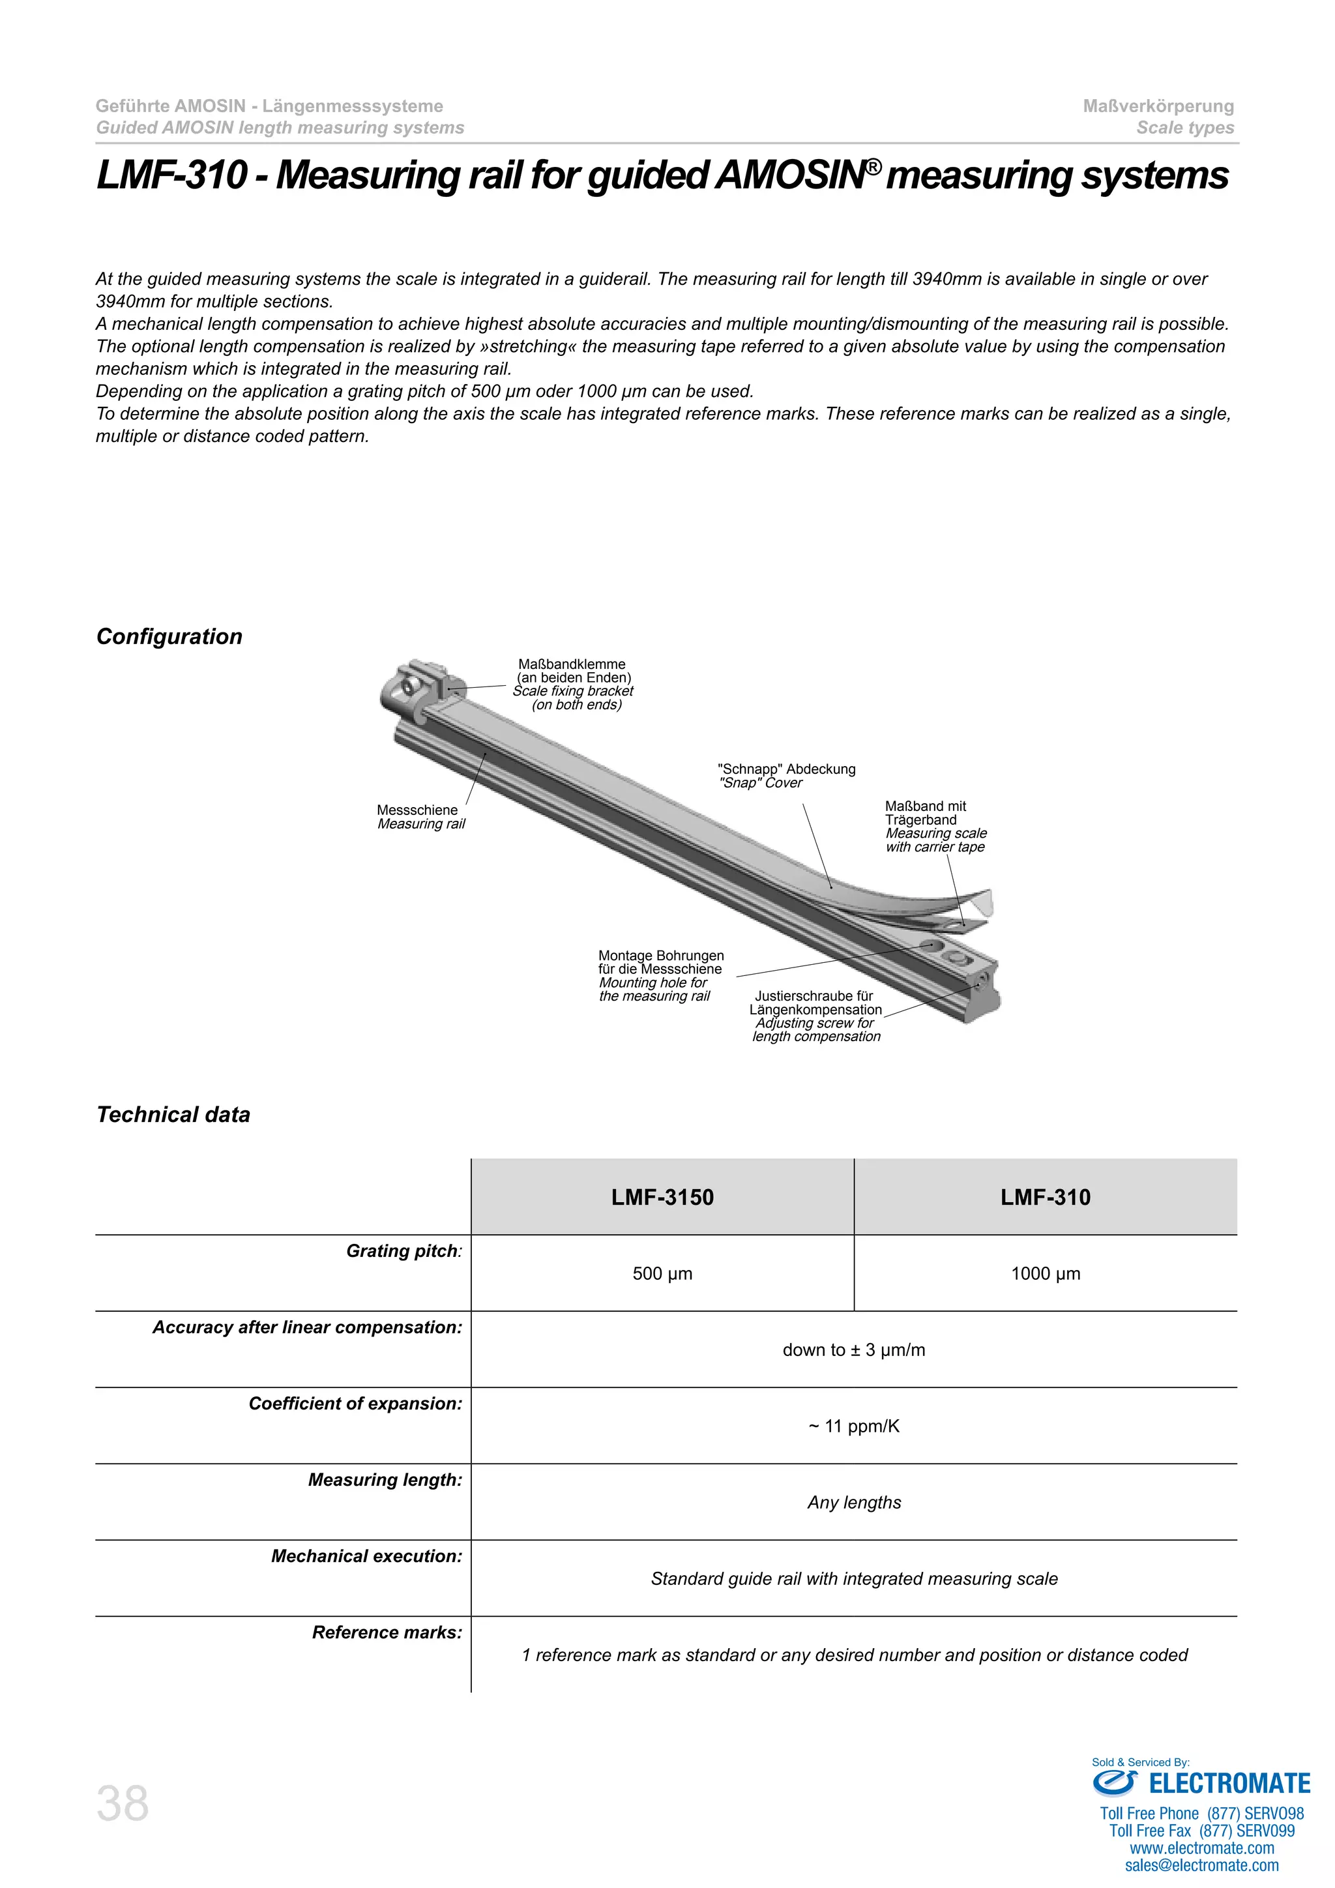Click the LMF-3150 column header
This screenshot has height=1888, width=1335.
[662, 1197]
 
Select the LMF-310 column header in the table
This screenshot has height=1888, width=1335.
[1045, 1197]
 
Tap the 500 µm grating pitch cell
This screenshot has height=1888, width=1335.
[662, 1274]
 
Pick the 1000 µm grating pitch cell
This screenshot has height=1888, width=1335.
[1045, 1274]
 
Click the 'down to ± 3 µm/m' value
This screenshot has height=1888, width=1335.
[853, 1350]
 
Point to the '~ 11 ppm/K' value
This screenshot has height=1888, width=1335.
[853, 1426]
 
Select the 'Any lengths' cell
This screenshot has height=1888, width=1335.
[853, 1503]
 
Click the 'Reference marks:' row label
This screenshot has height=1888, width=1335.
[387, 1633]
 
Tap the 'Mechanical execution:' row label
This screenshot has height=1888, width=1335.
[366, 1557]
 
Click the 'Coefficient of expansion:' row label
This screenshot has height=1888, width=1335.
[355, 1404]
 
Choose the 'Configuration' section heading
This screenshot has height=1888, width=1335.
[169, 638]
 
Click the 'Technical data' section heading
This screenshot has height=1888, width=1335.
[173, 1115]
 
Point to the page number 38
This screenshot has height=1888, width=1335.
[123, 1804]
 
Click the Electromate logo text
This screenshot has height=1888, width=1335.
[1228, 1784]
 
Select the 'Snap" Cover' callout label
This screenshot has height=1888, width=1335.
[761, 784]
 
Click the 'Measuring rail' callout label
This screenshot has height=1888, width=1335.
[421, 824]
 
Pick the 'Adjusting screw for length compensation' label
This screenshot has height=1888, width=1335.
[815, 1029]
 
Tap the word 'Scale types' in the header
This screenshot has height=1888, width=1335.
[1184, 128]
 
